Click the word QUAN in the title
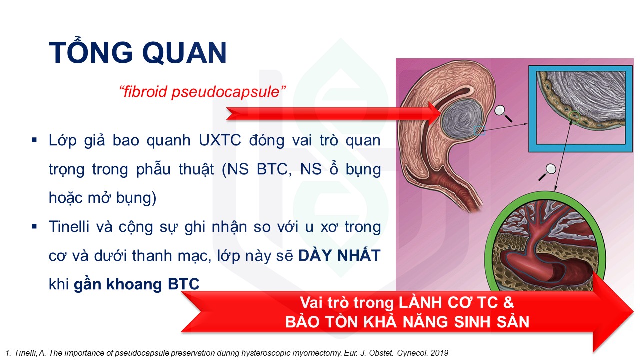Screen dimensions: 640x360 [x=184, y=53]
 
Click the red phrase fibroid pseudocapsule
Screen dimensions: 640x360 [x=202, y=92]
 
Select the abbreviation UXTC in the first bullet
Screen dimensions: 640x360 [x=220, y=140]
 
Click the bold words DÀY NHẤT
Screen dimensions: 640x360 [x=339, y=255]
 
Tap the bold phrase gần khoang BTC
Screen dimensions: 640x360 [x=137, y=284]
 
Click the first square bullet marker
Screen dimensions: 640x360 [x=34, y=140]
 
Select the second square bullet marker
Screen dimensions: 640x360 [x=34, y=227]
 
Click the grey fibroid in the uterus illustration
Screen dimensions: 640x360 [x=462, y=119]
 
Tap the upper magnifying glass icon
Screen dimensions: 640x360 [x=503, y=113]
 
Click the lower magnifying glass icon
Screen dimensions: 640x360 [x=547, y=172]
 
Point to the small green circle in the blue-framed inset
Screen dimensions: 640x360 [x=574, y=116]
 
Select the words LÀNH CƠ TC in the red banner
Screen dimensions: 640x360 [x=456, y=303]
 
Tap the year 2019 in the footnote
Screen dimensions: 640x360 [x=439, y=353]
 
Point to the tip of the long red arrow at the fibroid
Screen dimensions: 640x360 [x=441, y=113]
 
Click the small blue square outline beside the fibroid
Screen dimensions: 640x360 [x=479, y=130]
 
